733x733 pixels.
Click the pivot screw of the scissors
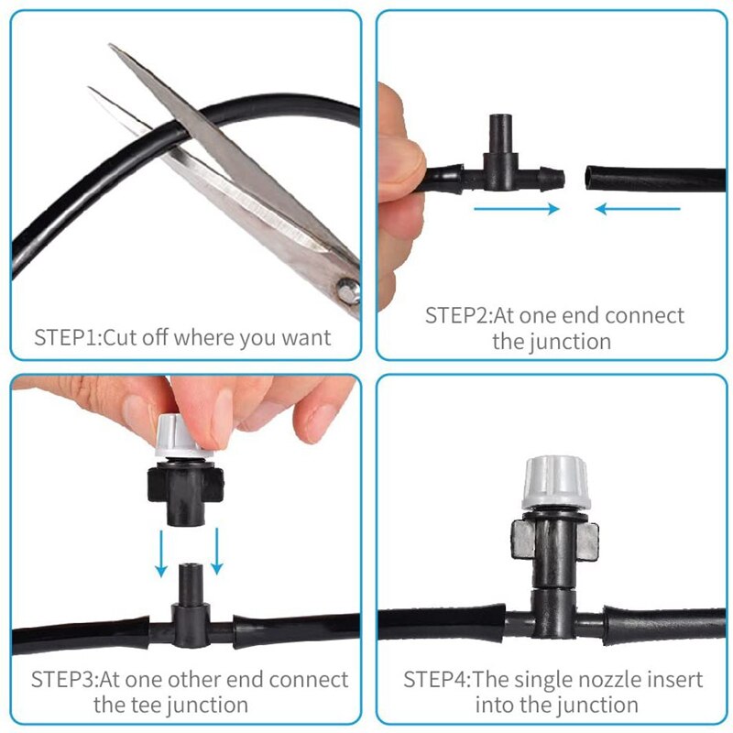pos(345,291)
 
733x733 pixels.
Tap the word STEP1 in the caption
pos(66,337)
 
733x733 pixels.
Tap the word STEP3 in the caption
pos(63,680)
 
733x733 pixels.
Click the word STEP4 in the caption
pos(436,680)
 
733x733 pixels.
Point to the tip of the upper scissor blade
pos(112,46)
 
